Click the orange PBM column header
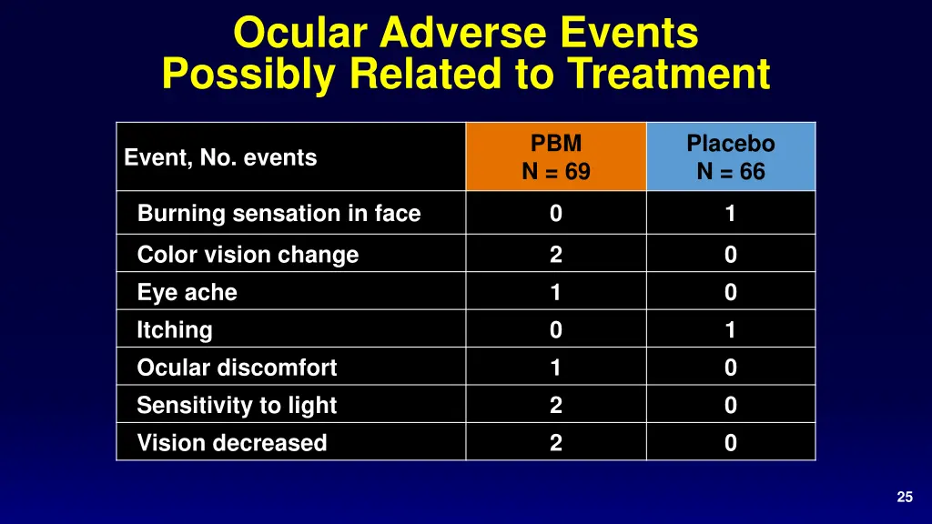pyautogui.click(x=555, y=157)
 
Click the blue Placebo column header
pyautogui.click(x=730, y=157)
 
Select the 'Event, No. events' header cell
pyautogui.click(x=220, y=157)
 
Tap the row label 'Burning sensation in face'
pyautogui.click(x=279, y=214)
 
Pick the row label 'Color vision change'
pyautogui.click(x=248, y=256)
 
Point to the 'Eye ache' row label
pyautogui.click(x=187, y=293)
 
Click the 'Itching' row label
pyautogui.click(x=174, y=330)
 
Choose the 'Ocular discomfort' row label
pyautogui.click(x=237, y=368)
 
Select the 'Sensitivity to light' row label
pyautogui.click(x=237, y=406)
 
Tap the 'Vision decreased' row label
pyautogui.click(x=231, y=443)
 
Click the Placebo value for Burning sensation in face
pyautogui.click(x=730, y=214)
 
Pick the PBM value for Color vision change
pyautogui.click(x=555, y=256)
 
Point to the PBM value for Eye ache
pyautogui.click(x=555, y=293)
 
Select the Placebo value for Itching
pyautogui.click(x=730, y=330)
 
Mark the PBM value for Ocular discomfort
pyautogui.click(x=555, y=368)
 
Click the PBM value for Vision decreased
pyautogui.click(x=555, y=443)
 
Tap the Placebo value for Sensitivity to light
pyautogui.click(x=730, y=406)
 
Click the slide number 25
pyautogui.click(x=904, y=497)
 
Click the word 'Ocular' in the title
pyautogui.click(x=300, y=34)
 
